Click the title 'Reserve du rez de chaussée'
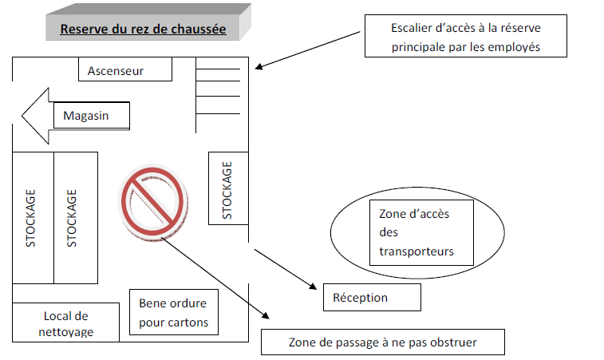tap(143, 30)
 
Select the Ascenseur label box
tap(125, 70)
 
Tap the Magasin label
tap(91, 117)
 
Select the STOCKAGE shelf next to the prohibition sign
tap(74, 217)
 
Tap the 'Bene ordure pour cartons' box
tap(173, 312)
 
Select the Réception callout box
tap(371, 298)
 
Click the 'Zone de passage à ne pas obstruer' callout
tap(382, 342)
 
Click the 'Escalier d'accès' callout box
tap(466, 37)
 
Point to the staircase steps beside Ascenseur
tap(218, 91)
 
